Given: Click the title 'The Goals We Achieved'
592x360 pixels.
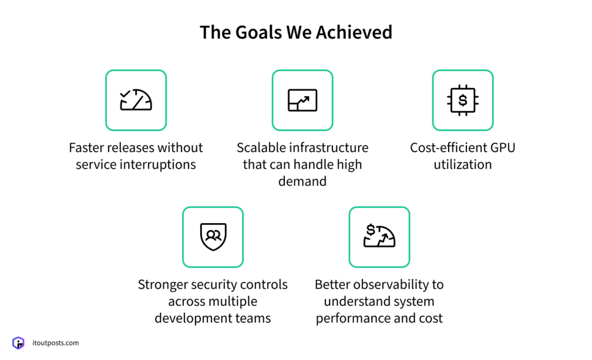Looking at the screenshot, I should click(296, 32).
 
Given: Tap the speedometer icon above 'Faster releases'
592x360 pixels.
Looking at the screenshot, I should click(136, 100).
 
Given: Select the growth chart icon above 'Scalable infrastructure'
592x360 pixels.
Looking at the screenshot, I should click(302, 100).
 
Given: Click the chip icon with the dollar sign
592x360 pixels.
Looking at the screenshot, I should click(462, 100).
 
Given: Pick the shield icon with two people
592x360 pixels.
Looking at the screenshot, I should click(213, 237).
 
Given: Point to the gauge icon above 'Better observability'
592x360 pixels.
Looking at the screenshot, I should click(379, 237).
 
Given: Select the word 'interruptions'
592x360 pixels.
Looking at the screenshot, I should click(160, 165).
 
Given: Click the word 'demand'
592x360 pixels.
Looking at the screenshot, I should click(302, 181).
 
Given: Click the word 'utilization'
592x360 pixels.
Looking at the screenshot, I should click(462, 165).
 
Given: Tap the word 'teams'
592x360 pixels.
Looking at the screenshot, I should click(254, 318).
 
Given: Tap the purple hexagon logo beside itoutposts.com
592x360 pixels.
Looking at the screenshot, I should click(18, 343).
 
